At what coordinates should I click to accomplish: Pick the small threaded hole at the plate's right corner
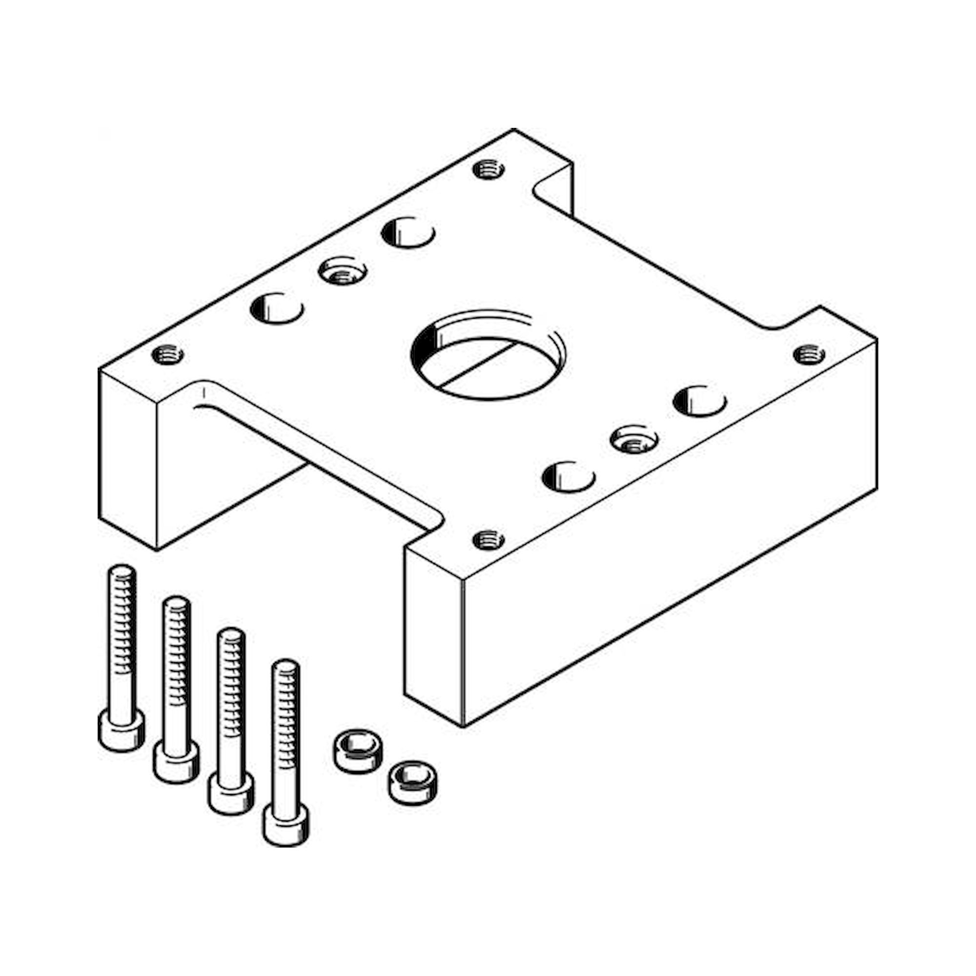tap(809, 353)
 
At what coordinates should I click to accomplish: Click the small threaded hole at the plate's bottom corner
tap(488, 539)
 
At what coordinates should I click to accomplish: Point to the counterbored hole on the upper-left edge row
tap(343, 273)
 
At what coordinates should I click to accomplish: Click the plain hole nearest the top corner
tap(408, 233)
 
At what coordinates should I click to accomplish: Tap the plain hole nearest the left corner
tap(277, 307)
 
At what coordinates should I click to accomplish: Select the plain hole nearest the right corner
tap(700, 401)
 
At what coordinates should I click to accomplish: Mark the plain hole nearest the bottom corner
tap(569, 476)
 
